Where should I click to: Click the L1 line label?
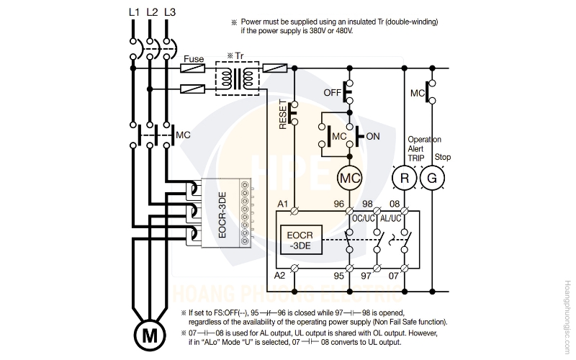click(x=134, y=12)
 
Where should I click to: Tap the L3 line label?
click(x=170, y=12)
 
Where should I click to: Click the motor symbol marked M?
click(x=149, y=335)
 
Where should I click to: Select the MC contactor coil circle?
click(x=349, y=178)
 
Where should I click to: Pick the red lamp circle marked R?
click(x=404, y=178)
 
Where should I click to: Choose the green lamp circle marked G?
click(x=432, y=178)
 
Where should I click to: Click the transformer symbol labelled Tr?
click(x=238, y=78)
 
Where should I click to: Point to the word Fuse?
click(x=194, y=59)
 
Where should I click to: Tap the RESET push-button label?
click(x=283, y=114)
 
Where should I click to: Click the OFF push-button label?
click(x=333, y=93)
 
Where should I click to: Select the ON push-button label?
click(x=373, y=136)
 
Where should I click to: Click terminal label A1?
click(x=282, y=204)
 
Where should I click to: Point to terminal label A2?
click(x=279, y=275)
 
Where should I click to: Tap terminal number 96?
click(x=338, y=204)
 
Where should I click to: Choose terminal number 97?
click(x=366, y=275)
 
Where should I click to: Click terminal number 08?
click(x=395, y=204)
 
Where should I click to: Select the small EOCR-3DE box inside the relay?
click(x=301, y=240)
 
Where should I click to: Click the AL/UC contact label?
click(x=390, y=219)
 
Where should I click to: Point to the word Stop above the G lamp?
click(x=443, y=157)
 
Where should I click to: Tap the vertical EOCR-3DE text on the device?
click(x=222, y=215)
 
